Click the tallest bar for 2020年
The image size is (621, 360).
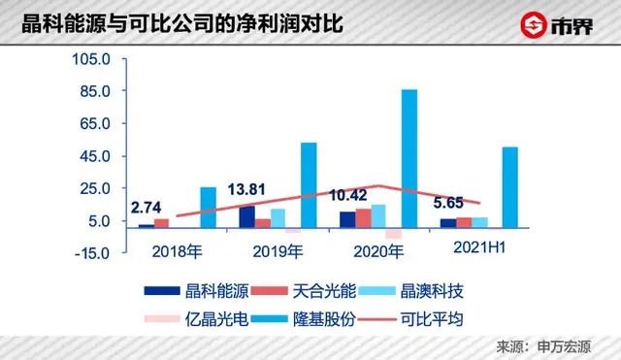pos(409,158)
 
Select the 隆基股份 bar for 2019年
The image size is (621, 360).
pos(309,184)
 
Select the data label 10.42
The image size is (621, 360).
pos(348,195)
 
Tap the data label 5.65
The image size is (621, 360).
pos(448,204)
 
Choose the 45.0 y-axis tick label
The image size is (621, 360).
pos(98,156)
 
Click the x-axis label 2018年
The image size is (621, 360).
pos(179,250)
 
